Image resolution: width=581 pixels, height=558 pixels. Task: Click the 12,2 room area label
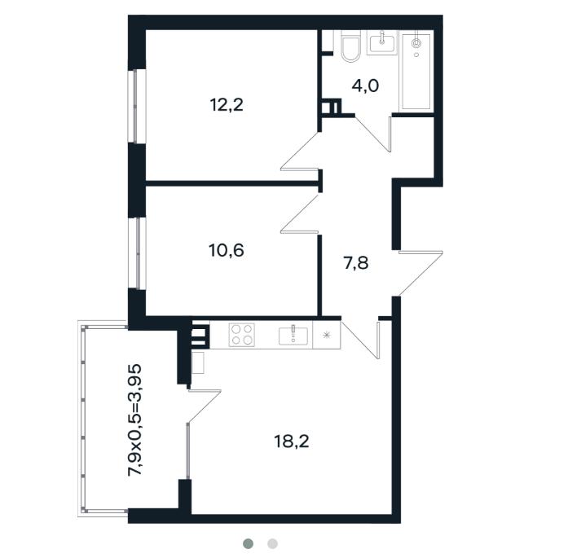pos(227,105)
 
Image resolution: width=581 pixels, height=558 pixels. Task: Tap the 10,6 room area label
pos(227,250)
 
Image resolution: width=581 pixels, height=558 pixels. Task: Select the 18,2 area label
pos(292,442)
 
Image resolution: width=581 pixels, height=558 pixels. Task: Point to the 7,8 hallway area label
pos(356,263)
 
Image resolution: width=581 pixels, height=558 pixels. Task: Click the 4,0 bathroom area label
pos(365,86)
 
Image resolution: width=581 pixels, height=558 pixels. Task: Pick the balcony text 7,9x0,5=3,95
pos(134,420)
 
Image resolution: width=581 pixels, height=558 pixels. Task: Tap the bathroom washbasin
pos(381,43)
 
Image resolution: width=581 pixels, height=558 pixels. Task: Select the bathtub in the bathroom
pos(416,71)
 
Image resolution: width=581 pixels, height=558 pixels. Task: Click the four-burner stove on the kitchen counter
pos(241,335)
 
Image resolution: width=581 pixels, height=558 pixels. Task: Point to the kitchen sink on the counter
pos(293,336)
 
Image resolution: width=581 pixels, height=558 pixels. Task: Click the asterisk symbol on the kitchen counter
pos(326,335)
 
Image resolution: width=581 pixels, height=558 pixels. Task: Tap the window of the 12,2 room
pos(135,106)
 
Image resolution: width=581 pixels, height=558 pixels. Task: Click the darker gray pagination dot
pos(249,543)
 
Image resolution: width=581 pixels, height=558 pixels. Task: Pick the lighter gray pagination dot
pos(272,543)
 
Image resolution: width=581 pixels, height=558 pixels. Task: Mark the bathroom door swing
pos(373,134)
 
